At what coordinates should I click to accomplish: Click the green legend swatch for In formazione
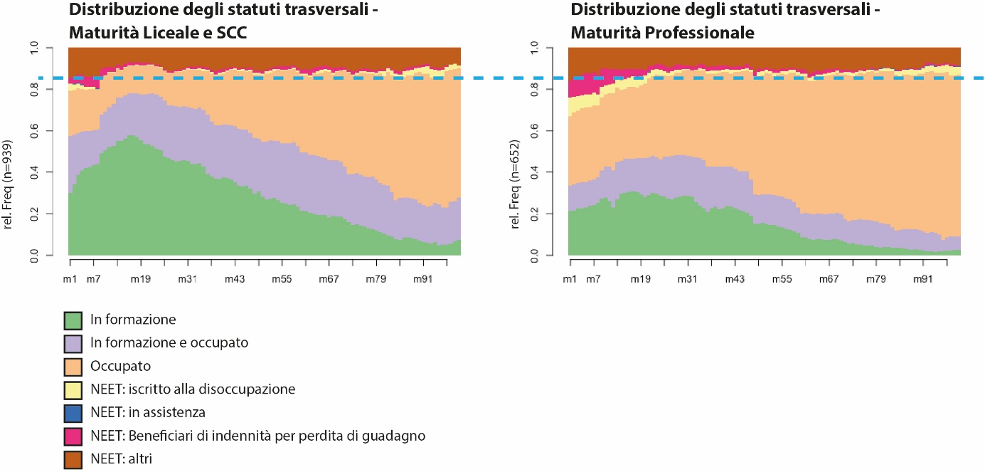[x=74, y=320]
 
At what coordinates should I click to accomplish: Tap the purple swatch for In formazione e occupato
[x=74, y=343]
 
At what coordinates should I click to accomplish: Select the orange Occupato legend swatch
[x=74, y=367]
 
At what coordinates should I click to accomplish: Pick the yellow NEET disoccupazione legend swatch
[x=74, y=389]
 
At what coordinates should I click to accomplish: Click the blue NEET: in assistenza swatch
[x=74, y=413]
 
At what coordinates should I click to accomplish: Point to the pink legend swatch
[x=74, y=436]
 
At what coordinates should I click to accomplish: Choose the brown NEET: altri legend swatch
[x=74, y=459]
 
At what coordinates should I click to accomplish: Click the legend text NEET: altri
[x=121, y=459]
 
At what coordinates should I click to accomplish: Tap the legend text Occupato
[x=121, y=367]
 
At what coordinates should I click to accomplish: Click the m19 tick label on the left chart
[x=141, y=278]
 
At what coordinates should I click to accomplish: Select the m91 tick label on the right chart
[x=922, y=278]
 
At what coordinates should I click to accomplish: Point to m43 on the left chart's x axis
[x=235, y=278]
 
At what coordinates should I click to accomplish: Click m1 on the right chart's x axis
[x=569, y=278]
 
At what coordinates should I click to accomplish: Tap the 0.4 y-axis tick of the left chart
[x=49, y=172]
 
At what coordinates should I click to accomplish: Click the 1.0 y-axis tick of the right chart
[x=550, y=48]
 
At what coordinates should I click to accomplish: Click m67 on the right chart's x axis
[x=829, y=278]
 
